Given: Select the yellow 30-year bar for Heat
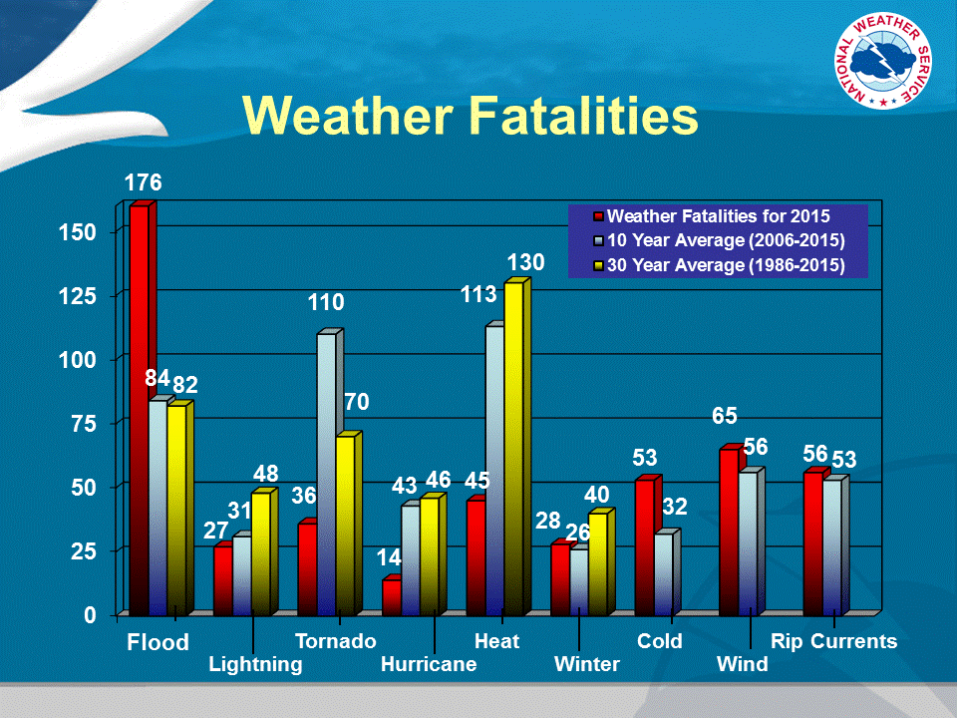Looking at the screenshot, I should (x=513, y=449).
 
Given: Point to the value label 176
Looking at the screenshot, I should (x=142, y=183).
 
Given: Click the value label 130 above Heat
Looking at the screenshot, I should (x=525, y=263).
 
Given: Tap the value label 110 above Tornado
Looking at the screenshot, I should (x=325, y=303).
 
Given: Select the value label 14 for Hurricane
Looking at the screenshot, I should (x=390, y=558).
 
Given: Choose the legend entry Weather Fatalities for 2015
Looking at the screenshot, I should (x=718, y=215).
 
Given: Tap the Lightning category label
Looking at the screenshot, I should (x=255, y=665).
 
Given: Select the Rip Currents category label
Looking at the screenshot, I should (x=834, y=641).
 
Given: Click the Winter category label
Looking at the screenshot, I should (x=587, y=665).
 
